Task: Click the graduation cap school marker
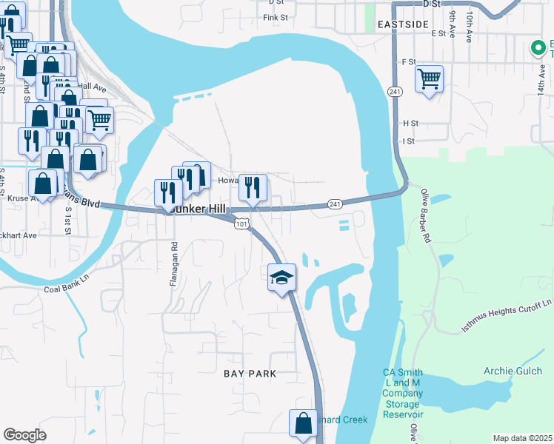(281, 277)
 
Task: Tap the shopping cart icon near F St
(429, 78)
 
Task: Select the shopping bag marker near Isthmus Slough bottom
(304, 424)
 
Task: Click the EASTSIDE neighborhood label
(403, 24)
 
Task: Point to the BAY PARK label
(250, 374)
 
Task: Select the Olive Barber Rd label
(425, 216)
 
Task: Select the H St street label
(410, 123)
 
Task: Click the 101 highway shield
(241, 223)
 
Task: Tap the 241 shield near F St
(393, 90)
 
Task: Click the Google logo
(25, 435)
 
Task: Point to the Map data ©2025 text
(522, 438)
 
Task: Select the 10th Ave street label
(470, 26)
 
